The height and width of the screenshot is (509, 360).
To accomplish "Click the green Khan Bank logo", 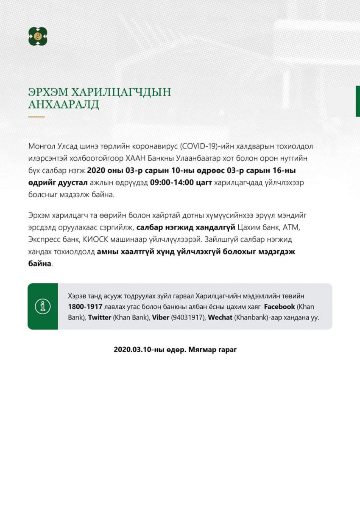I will coord(38,36).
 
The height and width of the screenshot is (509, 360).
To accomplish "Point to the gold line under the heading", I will coord(36,116).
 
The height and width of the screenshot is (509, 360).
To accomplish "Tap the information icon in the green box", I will coord(43,306).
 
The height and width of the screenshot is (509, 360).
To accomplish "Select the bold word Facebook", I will coord(279,306).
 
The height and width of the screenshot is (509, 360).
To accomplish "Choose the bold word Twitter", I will coord(99,317).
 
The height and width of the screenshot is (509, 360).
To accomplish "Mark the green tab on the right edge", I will coord(357,101).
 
